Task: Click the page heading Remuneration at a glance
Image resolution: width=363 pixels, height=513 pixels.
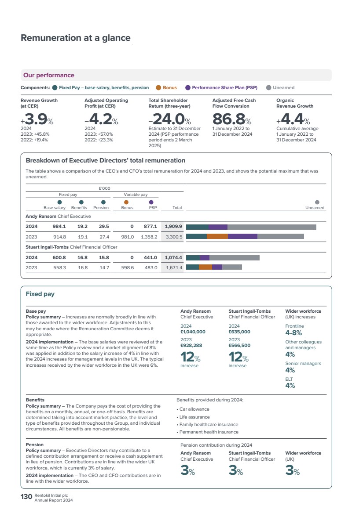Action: [x=76, y=38]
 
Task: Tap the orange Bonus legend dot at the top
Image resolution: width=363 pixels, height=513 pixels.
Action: [x=158, y=88]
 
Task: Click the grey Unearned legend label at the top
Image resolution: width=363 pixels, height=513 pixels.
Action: [x=284, y=88]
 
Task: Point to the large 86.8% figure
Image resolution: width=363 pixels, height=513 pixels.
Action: [x=232, y=119]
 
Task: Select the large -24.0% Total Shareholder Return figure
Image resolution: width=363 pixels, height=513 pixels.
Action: [x=170, y=119]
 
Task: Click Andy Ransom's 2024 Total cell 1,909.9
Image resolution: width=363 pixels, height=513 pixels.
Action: [x=173, y=226]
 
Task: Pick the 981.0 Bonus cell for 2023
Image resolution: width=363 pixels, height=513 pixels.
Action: [x=128, y=237]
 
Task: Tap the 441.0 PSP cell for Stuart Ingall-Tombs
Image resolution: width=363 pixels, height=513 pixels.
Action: [x=150, y=258]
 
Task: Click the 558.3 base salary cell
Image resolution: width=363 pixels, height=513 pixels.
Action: [x=60, y=267]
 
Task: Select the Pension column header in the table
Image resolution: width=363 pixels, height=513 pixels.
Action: [x=101, y=208]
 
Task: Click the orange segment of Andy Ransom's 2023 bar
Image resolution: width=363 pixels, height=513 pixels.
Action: [x=217, y=236]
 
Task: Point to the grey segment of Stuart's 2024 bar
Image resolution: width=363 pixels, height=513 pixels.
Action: [x=235, y=258]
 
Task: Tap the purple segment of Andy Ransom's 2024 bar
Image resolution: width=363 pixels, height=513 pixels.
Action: [x=218, y=227]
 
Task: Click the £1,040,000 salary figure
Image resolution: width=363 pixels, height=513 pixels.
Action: [x=193, y=332]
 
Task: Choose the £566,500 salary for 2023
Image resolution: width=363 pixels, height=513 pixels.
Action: [x=239, y=346]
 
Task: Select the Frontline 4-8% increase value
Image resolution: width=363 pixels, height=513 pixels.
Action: [x=293, y=333]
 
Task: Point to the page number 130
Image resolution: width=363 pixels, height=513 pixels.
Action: [x=26, y=497]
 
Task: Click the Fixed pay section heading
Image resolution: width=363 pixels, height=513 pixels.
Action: [x=40, y=294]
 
